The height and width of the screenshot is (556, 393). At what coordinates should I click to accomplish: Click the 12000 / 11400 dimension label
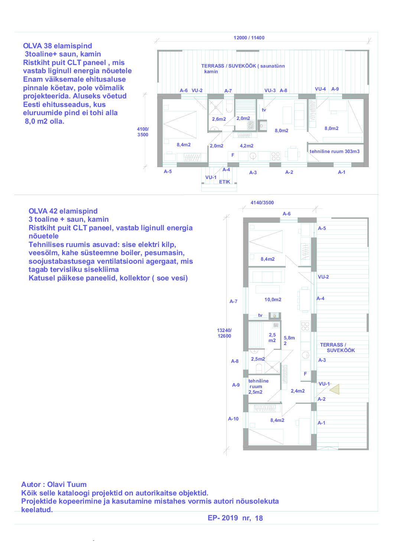coord(249,38)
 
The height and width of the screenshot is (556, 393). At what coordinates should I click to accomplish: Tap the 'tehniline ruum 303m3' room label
coord(334,152)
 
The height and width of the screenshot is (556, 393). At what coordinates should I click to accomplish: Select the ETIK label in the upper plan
coord(224,182)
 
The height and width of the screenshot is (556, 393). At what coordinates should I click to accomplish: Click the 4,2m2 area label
coord(246,146)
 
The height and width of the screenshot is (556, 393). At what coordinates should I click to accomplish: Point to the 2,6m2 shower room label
coord(219,119)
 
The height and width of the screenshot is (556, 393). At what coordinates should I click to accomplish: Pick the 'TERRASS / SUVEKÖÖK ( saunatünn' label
coord(243,66)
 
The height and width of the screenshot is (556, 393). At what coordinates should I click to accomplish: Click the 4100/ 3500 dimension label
coord(143,132)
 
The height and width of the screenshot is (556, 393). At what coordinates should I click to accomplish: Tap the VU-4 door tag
coord(320,89)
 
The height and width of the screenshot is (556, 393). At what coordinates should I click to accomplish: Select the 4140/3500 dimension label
coord(262,203)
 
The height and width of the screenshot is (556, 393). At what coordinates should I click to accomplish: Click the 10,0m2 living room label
coord(273,300)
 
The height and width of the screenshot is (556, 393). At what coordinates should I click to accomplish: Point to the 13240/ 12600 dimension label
coord(224,333)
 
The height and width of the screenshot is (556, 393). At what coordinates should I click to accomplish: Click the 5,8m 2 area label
coord(289,341)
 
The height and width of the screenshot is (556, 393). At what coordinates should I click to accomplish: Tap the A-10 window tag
coord(233,419)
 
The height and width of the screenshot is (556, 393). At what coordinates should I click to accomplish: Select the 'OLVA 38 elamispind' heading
coord(58,46)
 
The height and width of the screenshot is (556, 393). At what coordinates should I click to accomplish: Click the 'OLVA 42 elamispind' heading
coord(63,211)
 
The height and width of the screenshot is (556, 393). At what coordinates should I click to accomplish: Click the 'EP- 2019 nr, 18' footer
coord(235,518)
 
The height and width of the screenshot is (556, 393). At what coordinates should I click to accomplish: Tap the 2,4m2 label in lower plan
coord(298,391)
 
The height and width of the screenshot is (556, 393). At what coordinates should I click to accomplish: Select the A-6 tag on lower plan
coord(286,214)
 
